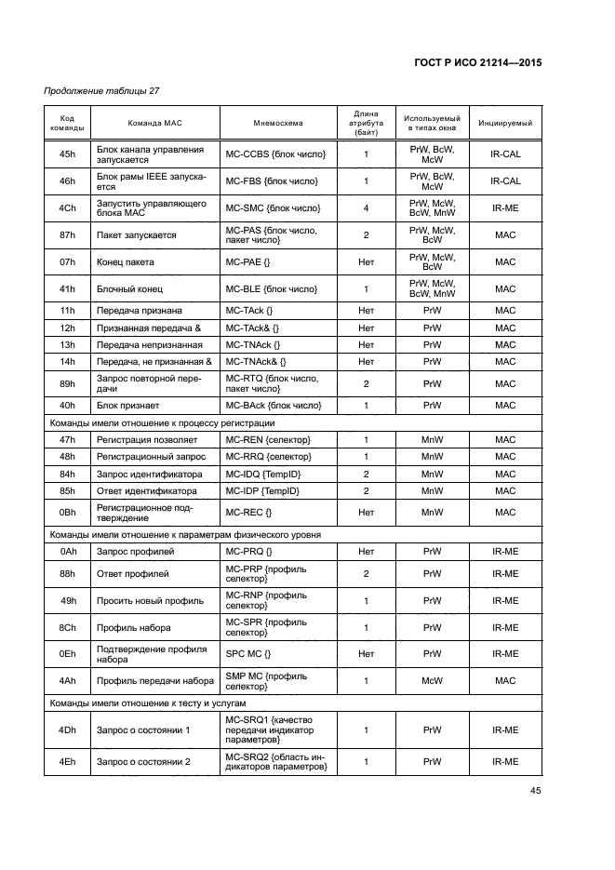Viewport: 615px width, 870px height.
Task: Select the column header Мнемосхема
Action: tap(277, 123)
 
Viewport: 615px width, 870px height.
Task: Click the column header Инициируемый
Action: tap(505, 123)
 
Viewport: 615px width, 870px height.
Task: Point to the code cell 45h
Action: tap(67, 154)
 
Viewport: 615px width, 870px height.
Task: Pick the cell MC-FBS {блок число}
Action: tap(275, 181)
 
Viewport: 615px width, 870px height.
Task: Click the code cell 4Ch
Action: tap(67, 208)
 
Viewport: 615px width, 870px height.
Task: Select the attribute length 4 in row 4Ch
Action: tap(366, 208)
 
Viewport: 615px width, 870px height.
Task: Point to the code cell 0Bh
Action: tap(67, 512)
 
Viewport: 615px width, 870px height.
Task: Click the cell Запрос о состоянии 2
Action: tap(143, 762)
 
